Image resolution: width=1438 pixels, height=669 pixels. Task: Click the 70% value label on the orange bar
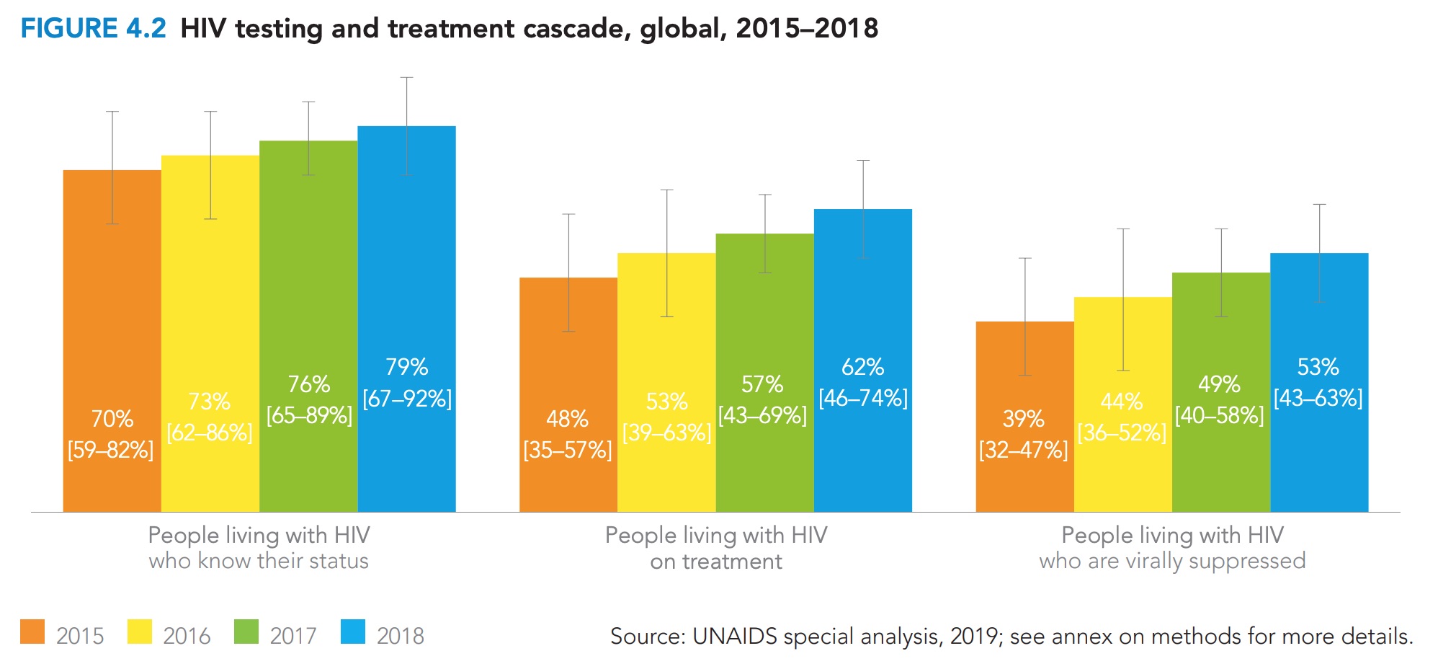[x=112, y=419]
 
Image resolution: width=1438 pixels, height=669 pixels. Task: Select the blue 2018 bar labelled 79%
[x=406, y=288]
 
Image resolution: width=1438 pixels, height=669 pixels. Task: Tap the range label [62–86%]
[x=209, y=433]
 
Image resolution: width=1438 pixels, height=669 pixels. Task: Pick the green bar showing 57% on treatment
[x=764, y=324]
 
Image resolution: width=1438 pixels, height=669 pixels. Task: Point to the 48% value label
[x=567, y=419]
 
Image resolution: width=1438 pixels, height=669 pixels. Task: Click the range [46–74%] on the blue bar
[x=862, y=398]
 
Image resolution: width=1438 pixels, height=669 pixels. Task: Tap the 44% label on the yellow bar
[x=1122, y=402]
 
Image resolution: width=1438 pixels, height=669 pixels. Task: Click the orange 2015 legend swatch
[x=32, y=632]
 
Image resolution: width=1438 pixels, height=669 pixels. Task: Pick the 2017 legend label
[x=293, y=636]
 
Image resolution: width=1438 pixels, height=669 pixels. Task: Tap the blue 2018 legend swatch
[x=353, y=632]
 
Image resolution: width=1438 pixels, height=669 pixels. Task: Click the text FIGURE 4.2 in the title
[x=94, y=29]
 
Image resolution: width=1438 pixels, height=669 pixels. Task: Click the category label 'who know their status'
[x=259, y=561]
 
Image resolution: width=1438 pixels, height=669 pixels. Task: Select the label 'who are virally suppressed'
[x=1172, y=561]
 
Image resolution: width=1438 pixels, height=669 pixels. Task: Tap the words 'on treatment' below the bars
[x=715, y=562]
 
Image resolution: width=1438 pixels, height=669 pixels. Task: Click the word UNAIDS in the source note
[x=734, y=637]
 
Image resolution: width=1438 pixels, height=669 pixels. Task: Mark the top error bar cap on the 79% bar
[x=406, y=77]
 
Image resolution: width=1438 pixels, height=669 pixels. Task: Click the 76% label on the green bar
[x=308, y=384]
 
